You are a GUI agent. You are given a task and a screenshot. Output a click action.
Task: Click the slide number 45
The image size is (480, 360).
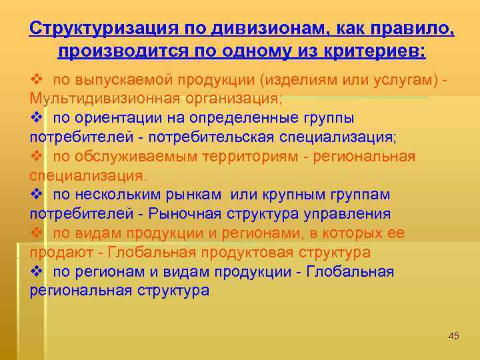pyautogui.click(x=454, y=335)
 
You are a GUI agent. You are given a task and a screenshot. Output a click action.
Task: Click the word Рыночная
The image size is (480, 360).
pyautogui.click(x=176, y=215)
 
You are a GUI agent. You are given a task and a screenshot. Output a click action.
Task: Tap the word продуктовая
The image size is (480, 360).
pyautogui.click(x=256, y=253)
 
